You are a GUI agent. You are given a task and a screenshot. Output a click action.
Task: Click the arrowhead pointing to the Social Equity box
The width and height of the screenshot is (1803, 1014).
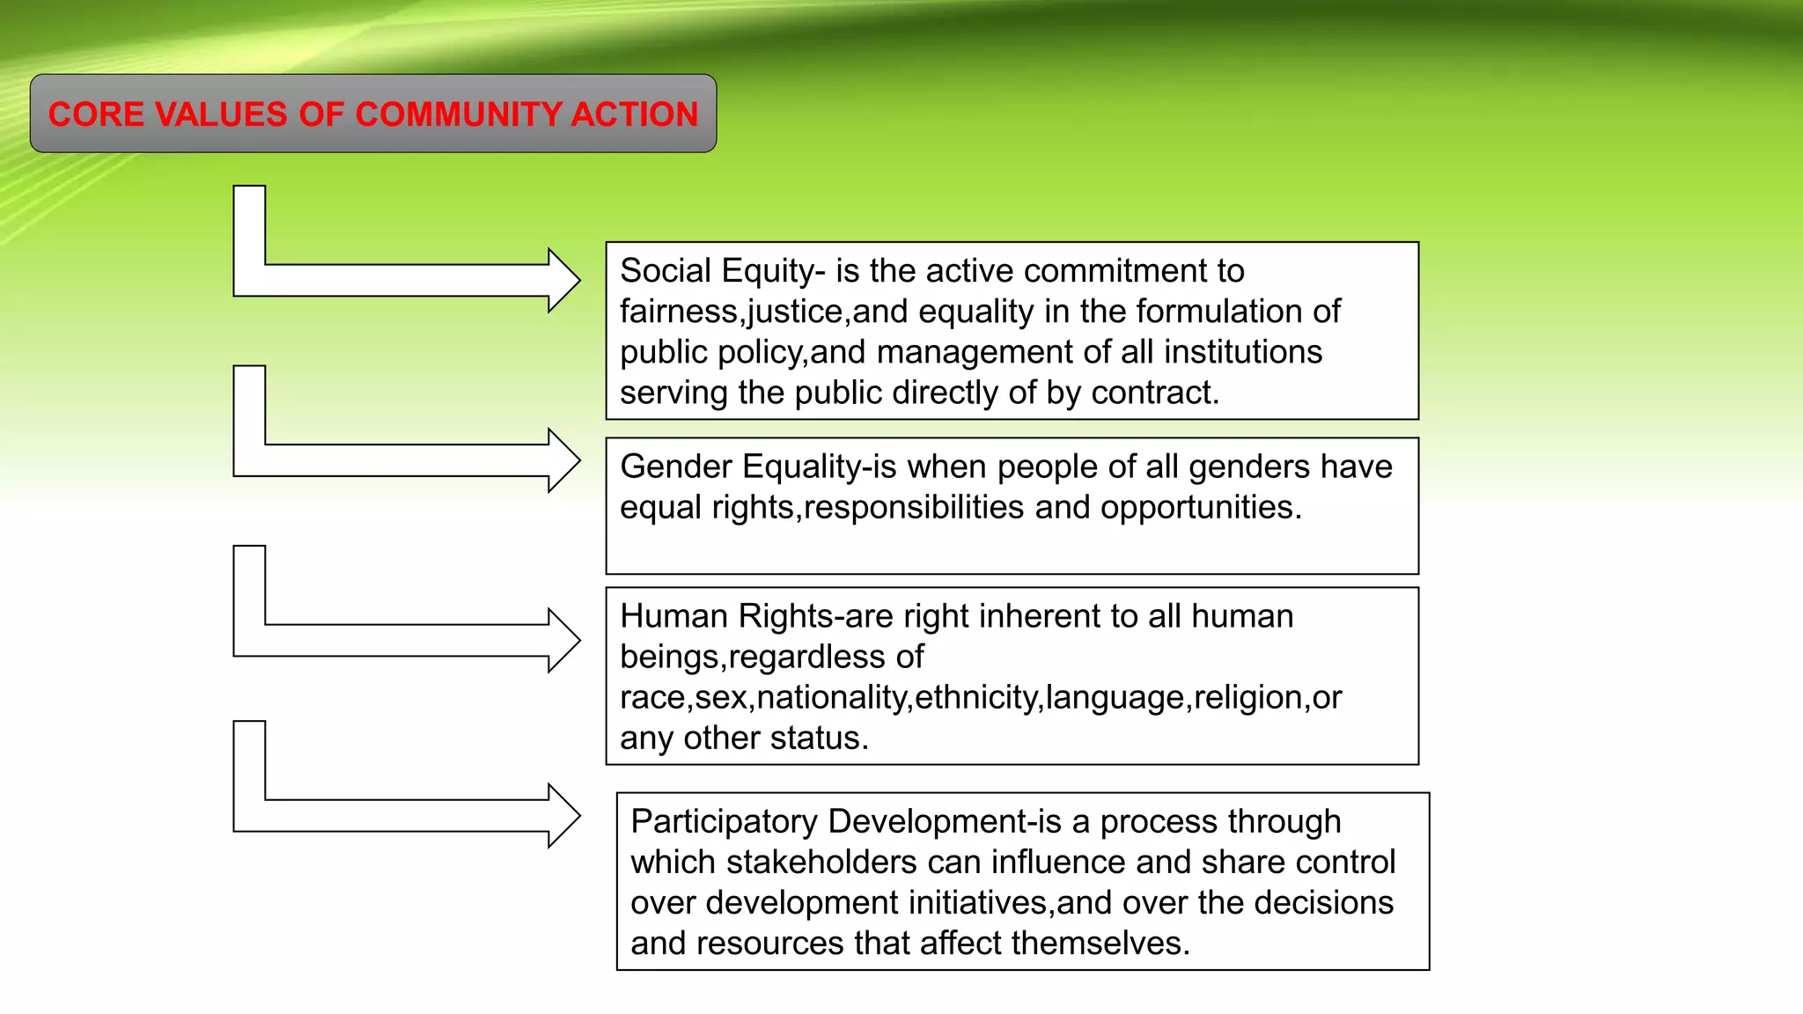563,281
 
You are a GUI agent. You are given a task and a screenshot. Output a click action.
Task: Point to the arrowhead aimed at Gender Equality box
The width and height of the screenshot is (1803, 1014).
563,460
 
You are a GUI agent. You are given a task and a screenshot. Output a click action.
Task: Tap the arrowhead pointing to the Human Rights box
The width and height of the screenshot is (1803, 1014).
563,641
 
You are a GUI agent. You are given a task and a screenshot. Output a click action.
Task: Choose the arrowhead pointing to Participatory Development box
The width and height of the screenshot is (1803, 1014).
563,816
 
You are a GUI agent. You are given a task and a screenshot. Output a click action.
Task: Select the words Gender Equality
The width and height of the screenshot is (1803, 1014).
740,467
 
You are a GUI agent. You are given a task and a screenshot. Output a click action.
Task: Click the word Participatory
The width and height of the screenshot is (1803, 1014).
725,821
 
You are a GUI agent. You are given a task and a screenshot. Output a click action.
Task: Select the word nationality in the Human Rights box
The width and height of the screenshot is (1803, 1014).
831,698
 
